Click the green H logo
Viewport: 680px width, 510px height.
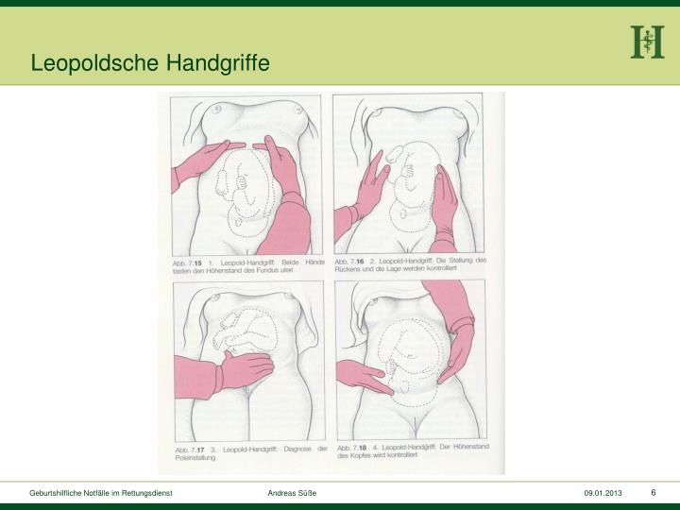(x=647, y=42)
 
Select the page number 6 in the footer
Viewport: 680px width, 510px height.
(x=653, y=493)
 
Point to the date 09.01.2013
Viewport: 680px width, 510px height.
(x=602, y=494)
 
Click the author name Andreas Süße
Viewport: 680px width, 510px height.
(x=293, y=494)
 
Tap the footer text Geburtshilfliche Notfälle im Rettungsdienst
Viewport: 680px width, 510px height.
(x=100, y=494)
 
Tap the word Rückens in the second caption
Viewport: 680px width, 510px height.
(x=351, y=267)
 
